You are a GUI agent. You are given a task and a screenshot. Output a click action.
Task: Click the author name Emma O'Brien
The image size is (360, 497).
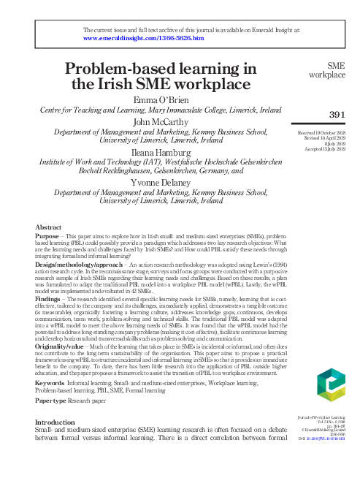click(161, 99)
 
